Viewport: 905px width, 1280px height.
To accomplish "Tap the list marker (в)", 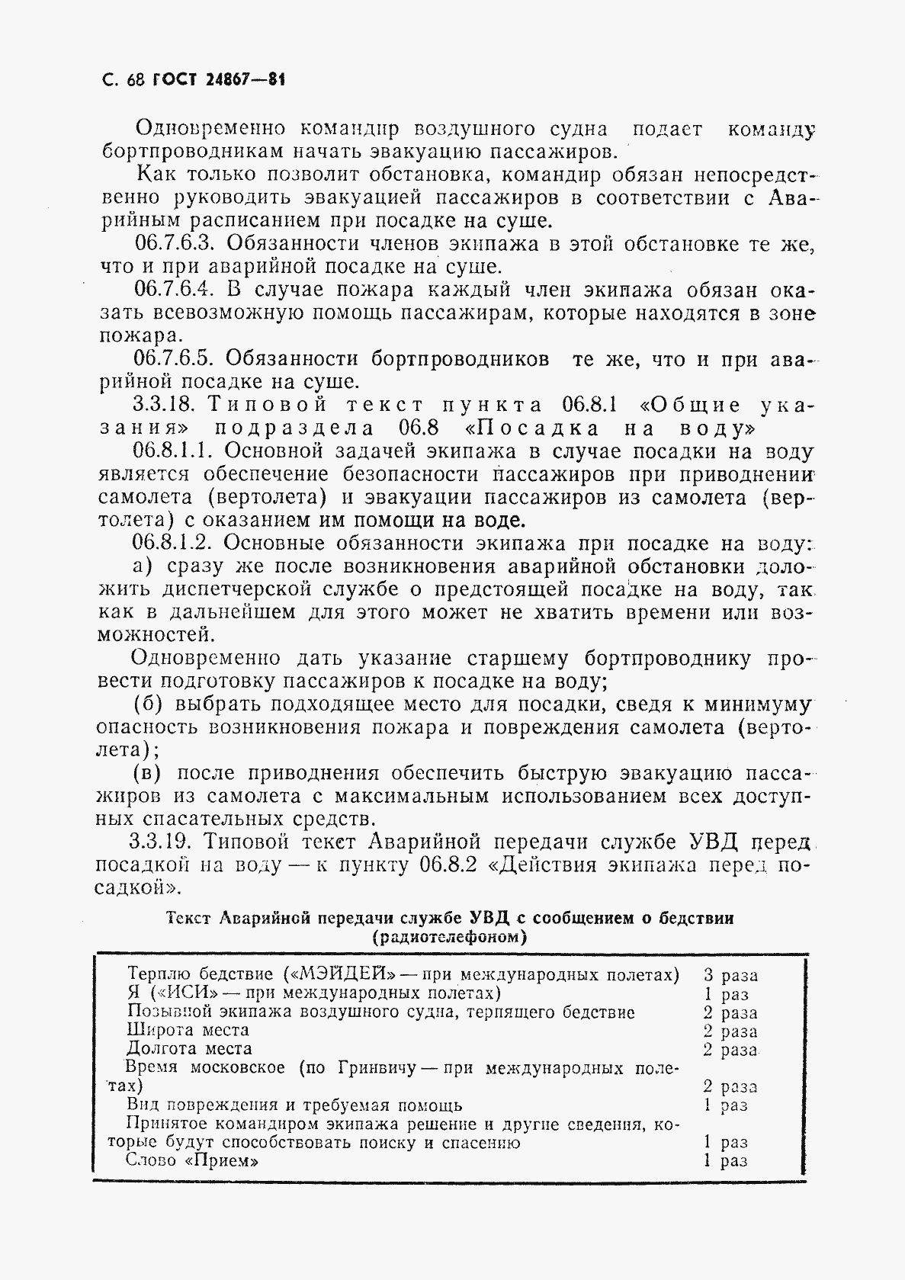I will pyautogui.click(x=146, y=773).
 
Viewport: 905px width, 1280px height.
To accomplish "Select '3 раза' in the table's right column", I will pyautogui.click(x=730, y=975).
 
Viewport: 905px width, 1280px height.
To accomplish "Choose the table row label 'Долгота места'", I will pyautogui.click(x=188, y=1049).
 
